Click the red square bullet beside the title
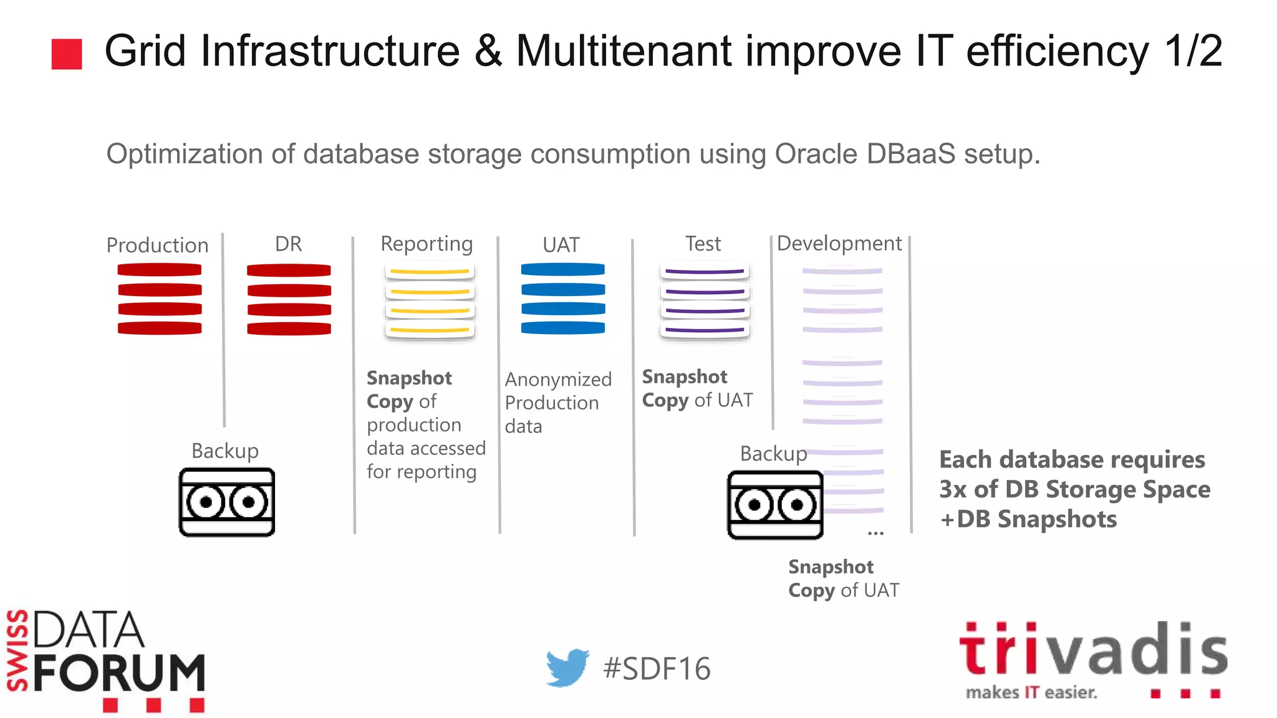(x=67, y=54)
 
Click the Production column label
(x=157, y=245)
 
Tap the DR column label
(x=288, y=243)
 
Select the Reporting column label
(x=426, y=244)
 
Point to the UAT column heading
(x=561, y=244)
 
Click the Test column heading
(x=703, y=243)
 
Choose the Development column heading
(x=839, y=243)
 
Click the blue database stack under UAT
(x=562, y=299)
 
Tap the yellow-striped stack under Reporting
(x=430, y=301)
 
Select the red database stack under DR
(x=289, y=299)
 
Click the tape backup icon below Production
(x=226, y=502)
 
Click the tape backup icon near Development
(x=775, y=505)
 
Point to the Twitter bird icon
(x=567, y=668)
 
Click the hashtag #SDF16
(x=657, y=669)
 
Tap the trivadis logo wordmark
(x=1092, y=651)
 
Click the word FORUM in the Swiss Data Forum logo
(x=119, y=674)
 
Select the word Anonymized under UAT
(x=558, y=379)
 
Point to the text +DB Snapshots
(x=1028, y=519)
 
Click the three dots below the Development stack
(x=875, y=533)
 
